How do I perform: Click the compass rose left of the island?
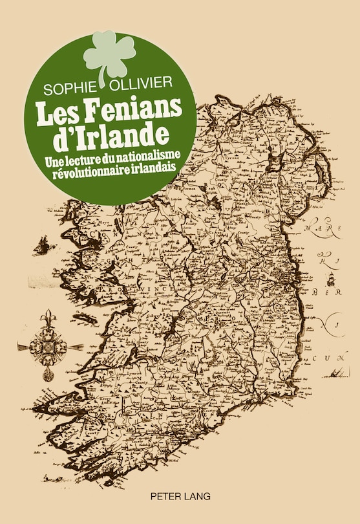(49, 347)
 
